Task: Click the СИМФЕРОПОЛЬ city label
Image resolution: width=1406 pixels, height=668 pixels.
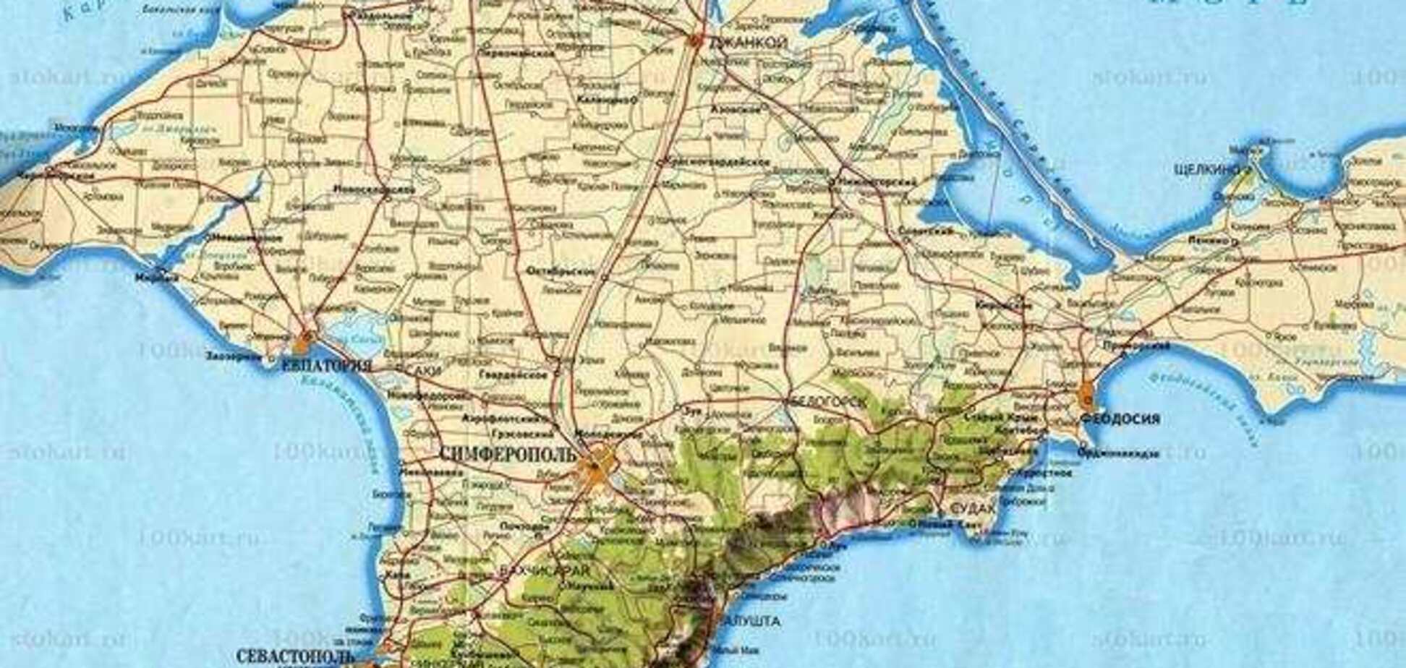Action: [x=508, y=454]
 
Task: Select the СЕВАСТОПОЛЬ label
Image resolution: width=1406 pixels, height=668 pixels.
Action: [x=295, y=656]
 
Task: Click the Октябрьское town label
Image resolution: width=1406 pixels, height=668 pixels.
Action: [x=561, y=272]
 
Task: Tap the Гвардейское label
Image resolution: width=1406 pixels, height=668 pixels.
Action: [x=513, y=375]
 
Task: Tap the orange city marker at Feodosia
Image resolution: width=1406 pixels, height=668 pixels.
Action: [x=1087, y=396]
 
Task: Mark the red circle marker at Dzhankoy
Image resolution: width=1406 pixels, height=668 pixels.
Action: [x=696, y=41]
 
